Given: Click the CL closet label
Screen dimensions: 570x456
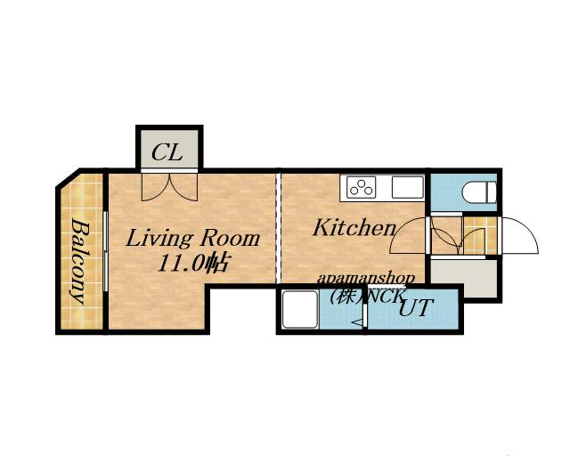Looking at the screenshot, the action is (x=167, y=152).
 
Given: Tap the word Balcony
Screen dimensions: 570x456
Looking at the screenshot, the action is (x=79, y=261).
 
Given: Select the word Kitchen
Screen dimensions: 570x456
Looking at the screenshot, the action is (x=354, y=228).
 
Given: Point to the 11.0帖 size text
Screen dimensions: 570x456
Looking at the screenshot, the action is (x=193, y=263).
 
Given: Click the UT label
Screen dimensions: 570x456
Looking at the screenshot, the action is (x=416, y=308).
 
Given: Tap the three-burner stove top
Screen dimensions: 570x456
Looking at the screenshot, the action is (x=361, y=188).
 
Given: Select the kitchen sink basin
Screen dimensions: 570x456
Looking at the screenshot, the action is (x=408, y=188).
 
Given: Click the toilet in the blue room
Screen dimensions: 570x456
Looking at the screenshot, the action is (x=480, y=191).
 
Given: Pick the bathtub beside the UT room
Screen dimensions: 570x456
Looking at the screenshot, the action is (x=300, y=309).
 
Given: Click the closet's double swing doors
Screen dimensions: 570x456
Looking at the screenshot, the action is (x=169, y=187).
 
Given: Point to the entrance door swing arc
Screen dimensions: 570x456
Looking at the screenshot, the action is (x=520, y=235).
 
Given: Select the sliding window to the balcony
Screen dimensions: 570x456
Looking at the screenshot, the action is (x=105, y=251).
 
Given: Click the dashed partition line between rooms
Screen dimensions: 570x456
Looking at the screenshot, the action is (x=279, y=228).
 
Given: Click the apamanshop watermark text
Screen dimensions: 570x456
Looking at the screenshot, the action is (x=366, y=280).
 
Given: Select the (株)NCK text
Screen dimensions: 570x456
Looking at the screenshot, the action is (x=366, y=297).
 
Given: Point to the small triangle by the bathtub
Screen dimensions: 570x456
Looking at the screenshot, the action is (x=358, y=322).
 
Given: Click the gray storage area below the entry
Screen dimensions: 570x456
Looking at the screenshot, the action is (x=463, y=277).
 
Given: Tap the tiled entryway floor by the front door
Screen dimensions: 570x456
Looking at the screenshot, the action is (x=480, y=235).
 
